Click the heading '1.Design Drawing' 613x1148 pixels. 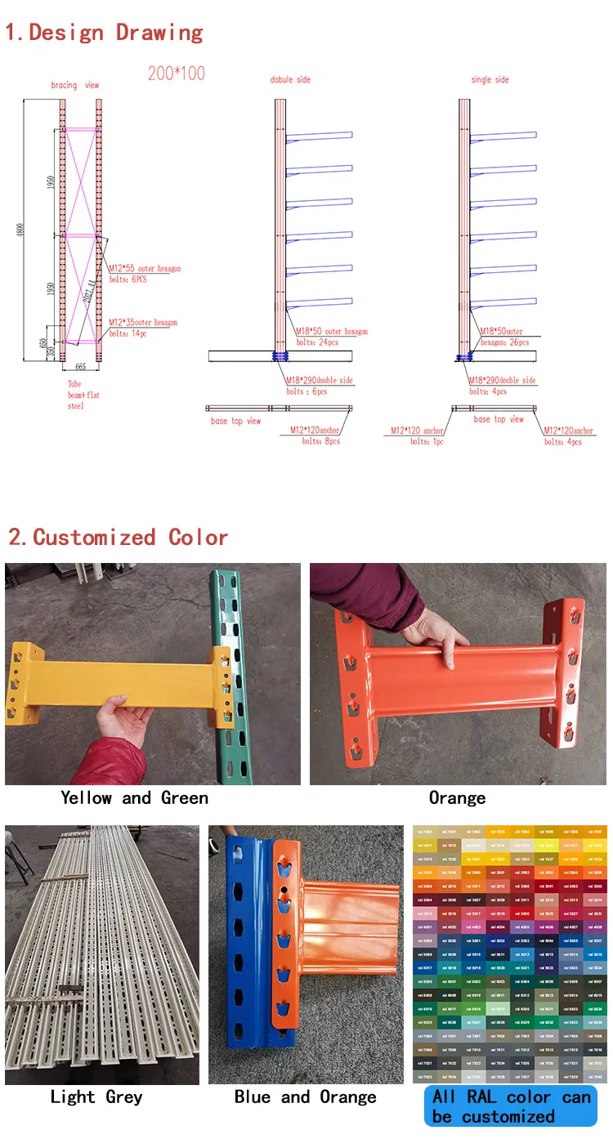105,33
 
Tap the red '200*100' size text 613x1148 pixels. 177,73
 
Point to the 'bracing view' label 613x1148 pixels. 75,85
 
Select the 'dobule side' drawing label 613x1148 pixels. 290,79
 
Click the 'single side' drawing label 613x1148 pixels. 490,79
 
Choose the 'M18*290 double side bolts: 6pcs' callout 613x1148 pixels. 319,386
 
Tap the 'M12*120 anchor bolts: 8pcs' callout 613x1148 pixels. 315,436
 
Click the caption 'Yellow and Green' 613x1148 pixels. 134,797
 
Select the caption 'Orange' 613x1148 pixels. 457,797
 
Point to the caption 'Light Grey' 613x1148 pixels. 96,1097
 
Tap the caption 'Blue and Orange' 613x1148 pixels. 305,1097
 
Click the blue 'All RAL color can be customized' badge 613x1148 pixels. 511,1106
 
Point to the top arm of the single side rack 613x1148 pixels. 503,136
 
